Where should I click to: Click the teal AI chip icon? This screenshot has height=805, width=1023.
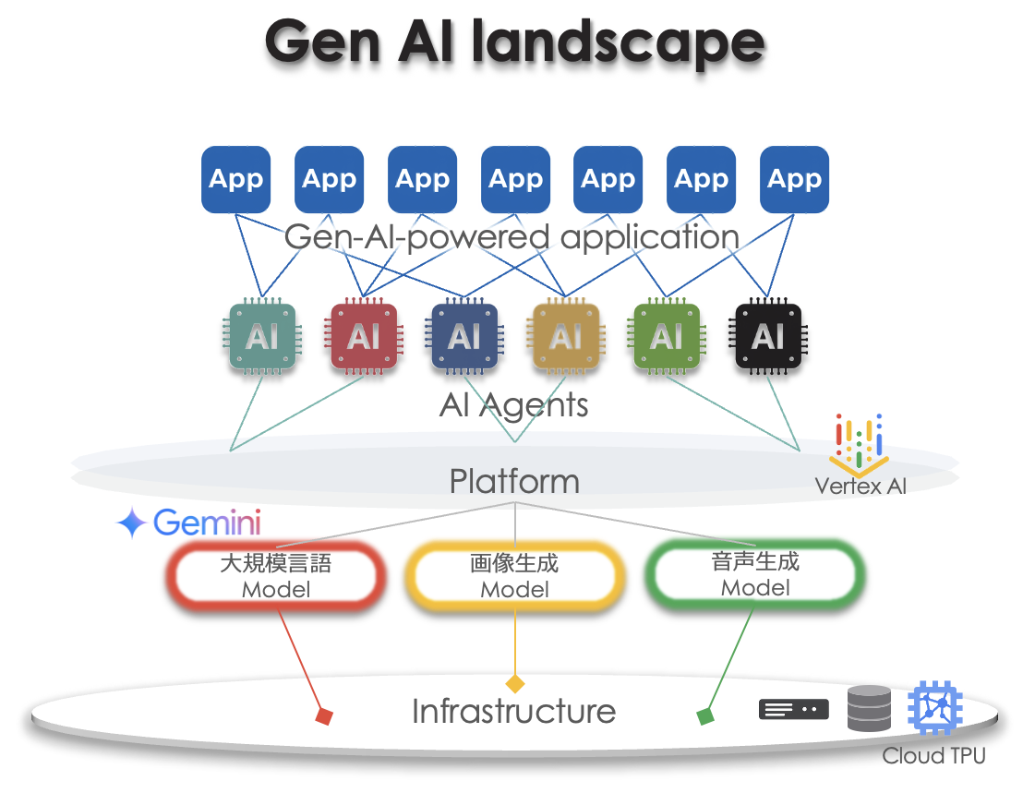click(x=262, y=338)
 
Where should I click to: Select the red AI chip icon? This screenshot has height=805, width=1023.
click(x=364, y=338)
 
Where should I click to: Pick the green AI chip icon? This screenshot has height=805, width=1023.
click(x=667, y=338)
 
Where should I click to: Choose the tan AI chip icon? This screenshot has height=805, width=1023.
click(x=566, y=338)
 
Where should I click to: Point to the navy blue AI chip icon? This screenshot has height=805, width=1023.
click(x=464, y=338)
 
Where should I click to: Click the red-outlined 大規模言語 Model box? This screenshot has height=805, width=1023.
click(x=275, y=576)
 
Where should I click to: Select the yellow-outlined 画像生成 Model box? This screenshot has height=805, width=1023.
click(x=514, y=576)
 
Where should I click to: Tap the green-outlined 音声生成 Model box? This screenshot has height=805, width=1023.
click(x=755, y=575)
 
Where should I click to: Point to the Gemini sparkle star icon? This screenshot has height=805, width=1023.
click(x=131, y=523)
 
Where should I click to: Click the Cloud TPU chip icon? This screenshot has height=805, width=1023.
click(x=935, y=710)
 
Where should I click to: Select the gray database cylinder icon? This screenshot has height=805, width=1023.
click(x=869, y=709)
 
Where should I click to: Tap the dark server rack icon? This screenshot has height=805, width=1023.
click(x=793, y=709)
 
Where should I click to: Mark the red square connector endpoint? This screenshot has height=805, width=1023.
click(x=323, y=715)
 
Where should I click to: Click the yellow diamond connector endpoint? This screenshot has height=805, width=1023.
click(x=514, y=684)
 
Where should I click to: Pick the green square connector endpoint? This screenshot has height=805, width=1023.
click(x=705, y=715)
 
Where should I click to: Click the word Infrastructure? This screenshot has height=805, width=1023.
click(x=513, y=712)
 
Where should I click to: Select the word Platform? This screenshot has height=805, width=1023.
click(x=514, y=481)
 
